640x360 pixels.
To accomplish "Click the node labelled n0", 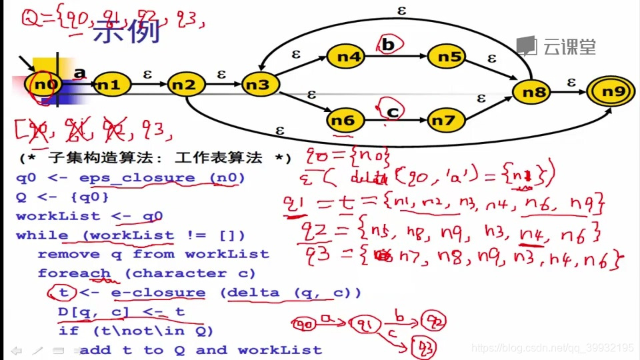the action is [x=45, y=85].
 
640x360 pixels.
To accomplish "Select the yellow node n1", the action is [x=109, y=85].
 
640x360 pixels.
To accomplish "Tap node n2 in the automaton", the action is [x=185, y=85].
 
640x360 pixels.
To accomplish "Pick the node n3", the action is [x=259, y=85].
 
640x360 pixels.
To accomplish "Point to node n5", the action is [x=450, y=57].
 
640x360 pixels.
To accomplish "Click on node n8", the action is [x=534, y=93].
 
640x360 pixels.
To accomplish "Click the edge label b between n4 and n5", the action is [x=389, y=45].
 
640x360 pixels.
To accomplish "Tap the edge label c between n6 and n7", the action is [x=393, y=111].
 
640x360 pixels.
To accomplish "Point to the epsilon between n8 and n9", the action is [x=571, y=82].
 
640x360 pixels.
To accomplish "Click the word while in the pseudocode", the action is [x=41, y=235].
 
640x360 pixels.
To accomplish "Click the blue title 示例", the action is [x=126, y=31].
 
